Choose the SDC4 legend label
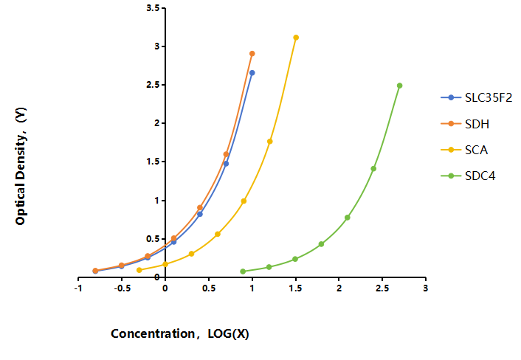point(480,176)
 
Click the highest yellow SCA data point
point(296,38)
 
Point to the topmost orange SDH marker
point(252,53)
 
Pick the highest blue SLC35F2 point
point(252,73)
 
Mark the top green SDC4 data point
point(400,86)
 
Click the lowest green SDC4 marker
point(243,271)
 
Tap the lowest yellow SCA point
point(139,270)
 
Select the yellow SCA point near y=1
point(244,201)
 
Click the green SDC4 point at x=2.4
point(373,169)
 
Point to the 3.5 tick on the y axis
point(163,7)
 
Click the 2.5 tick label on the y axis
point(153,85)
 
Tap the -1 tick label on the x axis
point(78,288)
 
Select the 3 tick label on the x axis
point(426,288)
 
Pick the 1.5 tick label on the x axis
point(296,288)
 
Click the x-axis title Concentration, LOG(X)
point(180,333)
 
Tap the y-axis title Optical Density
point(21,166)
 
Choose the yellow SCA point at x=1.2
point(270,142)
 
